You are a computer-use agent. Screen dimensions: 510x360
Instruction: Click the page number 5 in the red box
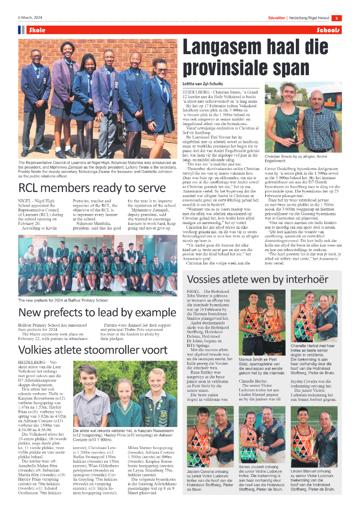pos(336,18)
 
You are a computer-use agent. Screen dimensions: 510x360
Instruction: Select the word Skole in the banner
pos(37,30)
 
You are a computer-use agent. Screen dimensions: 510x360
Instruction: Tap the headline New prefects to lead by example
pos(91,313)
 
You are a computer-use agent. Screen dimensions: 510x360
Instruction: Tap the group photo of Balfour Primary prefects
pos(98,266)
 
